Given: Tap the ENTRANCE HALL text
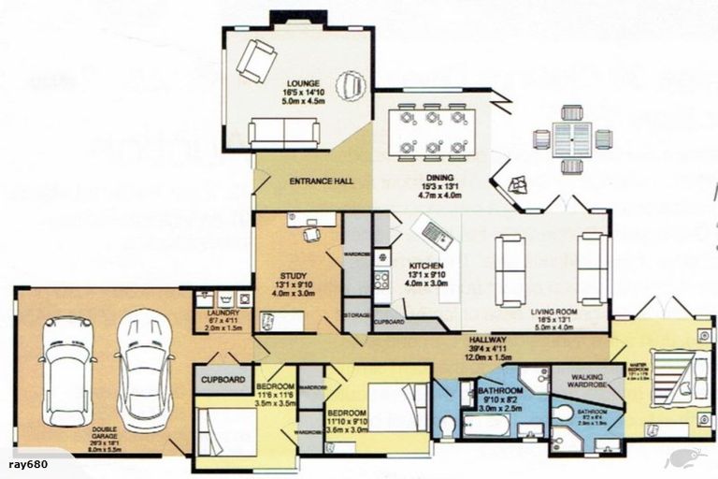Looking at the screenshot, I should pos(321,180).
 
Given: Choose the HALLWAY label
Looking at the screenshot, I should pos(488,341).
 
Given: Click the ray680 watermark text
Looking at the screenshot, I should pos(27,464).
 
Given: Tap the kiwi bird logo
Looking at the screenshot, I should pos(684,459).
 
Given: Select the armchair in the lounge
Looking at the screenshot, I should pos(255,60).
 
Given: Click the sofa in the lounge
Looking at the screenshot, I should pos(284,133).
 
